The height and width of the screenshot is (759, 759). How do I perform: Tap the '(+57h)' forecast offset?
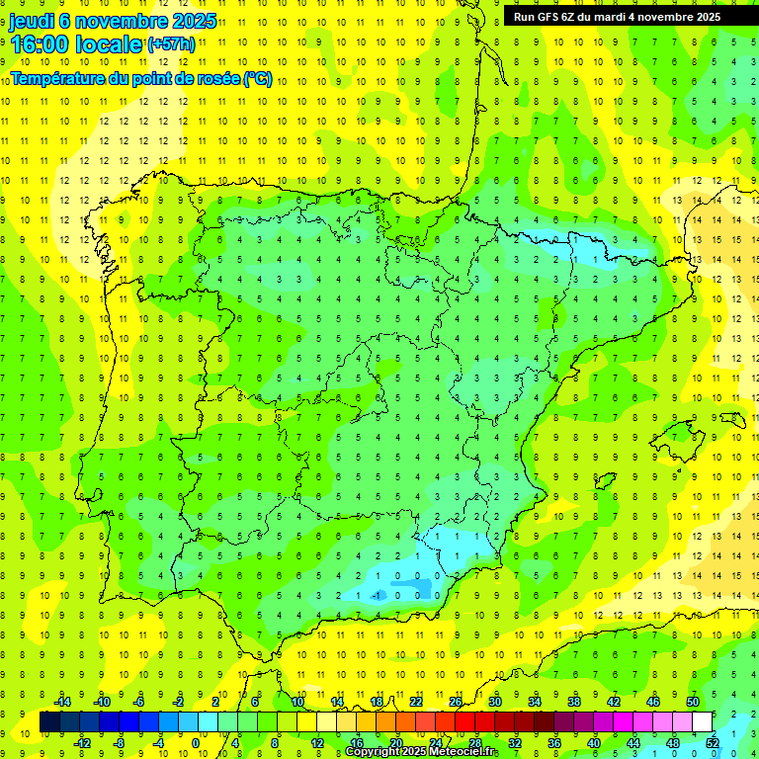[170, 45]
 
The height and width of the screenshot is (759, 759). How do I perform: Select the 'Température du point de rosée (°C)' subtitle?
[141, 78]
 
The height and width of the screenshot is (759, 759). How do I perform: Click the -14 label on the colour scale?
[61, 702]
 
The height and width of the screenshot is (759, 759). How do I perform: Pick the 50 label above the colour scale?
[692, 702]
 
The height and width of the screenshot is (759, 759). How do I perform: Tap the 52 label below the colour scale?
[712, 742]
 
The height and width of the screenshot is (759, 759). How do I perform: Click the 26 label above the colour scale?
[455, 702]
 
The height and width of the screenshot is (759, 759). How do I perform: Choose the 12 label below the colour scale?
[316, 742]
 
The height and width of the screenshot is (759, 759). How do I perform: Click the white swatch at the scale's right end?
[702, 722]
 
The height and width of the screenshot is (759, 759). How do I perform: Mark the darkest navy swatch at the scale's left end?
[49, 722]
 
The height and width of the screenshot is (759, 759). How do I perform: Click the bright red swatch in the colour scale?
[464, 722]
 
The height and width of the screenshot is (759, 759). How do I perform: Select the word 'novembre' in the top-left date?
[120, 20]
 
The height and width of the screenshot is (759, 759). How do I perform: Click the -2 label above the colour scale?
[179, 702]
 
